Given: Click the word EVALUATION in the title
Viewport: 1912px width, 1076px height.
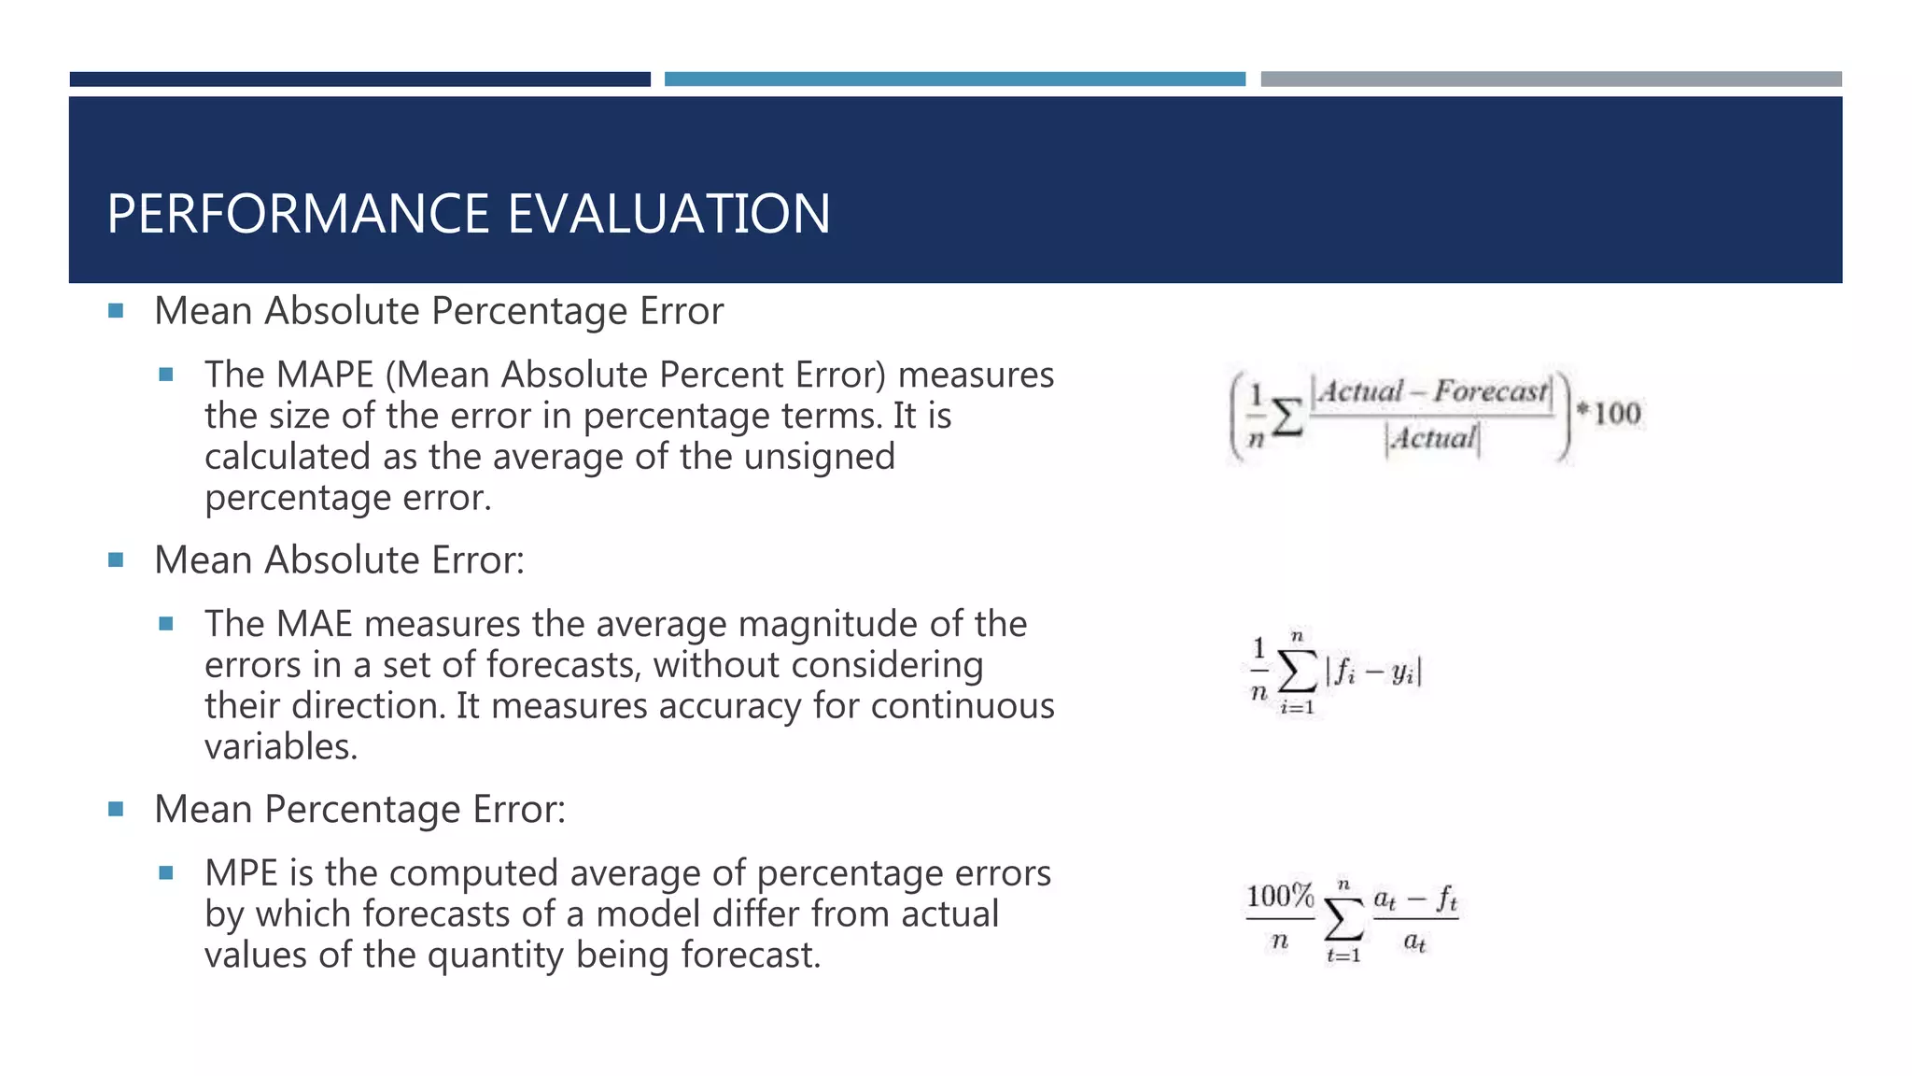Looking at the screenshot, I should pos(668,214).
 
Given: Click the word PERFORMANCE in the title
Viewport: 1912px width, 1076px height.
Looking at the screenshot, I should pos(300,214).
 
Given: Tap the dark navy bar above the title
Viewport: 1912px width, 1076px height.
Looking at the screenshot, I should pos(359,79).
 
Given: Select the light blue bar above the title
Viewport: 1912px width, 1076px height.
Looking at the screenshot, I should pos(954,79).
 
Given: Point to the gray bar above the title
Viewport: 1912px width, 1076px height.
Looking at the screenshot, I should pos(1551,79).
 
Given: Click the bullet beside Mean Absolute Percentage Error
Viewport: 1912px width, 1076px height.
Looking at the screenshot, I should pos(116,311).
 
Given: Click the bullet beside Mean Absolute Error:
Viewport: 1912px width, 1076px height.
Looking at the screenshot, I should pos(116,560).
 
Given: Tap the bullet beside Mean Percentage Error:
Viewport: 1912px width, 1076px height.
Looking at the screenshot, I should pos(116,809).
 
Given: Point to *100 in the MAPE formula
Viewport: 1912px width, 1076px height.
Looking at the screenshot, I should pos(1609,413).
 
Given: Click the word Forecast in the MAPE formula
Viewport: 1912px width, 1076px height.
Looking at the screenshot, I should pos(1490,391).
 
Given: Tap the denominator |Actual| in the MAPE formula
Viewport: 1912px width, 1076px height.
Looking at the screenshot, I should pos(1432,438).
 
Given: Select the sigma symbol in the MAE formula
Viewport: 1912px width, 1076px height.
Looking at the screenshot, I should pos(1297,671).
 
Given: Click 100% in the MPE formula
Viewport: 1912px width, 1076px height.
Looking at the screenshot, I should pos(1280,897).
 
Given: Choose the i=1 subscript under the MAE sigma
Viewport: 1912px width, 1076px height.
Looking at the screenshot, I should pos(1297,708).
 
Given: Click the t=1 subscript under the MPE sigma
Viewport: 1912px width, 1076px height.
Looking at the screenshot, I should pos(1343,956).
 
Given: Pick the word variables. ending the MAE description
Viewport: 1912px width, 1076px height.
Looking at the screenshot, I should pos(281,747).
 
